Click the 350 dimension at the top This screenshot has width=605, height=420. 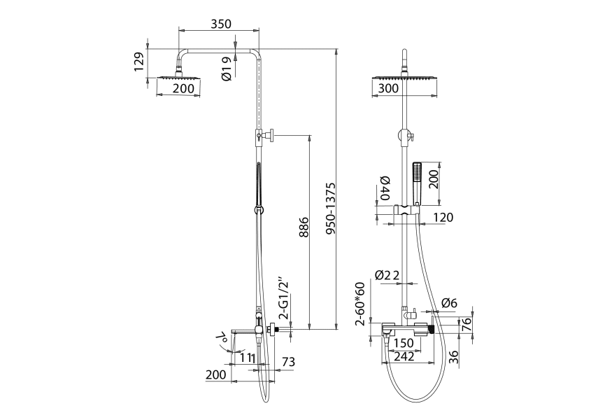[x=221, y=24]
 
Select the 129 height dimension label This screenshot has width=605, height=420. [x=139, y=62]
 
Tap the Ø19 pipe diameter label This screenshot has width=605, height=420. [x=227, y=69]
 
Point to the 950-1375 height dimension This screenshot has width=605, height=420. [x=331, y=209]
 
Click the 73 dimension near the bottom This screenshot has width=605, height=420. [x=288, y=362]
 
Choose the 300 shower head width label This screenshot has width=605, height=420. [x=388, y=88]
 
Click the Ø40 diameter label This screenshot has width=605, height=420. [x=385, y=188]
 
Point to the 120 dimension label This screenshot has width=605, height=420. [x=443, y=217]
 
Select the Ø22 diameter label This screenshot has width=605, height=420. [x=387, y=275]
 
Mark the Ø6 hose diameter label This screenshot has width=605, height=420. [x=449, y=303]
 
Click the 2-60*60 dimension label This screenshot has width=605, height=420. [x=360, y=304]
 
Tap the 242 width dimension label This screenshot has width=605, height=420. [x=404, y=356]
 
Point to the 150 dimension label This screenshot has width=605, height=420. [x=404, y=343]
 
